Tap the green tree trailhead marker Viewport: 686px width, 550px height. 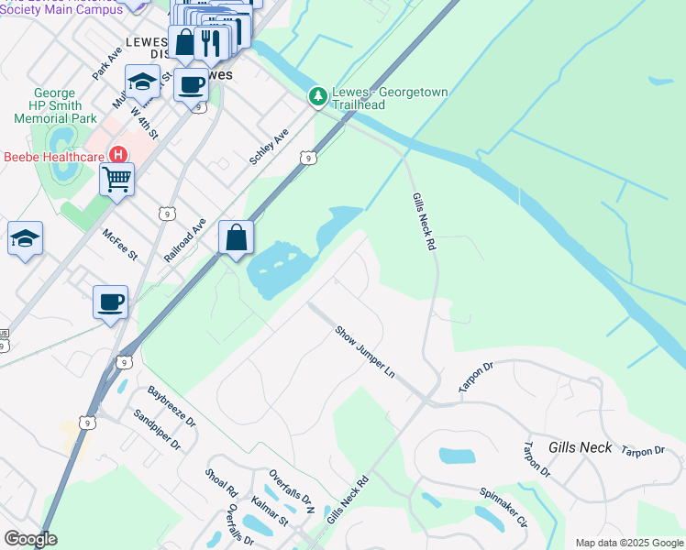(318, 95)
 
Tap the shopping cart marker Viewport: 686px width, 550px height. (117, 180)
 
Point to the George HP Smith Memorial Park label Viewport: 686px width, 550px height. (65, 105)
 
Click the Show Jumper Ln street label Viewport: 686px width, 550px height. (364, 352)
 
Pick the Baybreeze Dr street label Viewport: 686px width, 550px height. (172, 407)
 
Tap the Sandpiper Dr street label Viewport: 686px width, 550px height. (157, 429)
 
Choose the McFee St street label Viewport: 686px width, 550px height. (119, 244)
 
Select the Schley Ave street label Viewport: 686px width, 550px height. (269, 147)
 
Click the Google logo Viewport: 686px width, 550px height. (30, 539)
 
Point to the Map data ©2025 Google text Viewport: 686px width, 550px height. (628, 543)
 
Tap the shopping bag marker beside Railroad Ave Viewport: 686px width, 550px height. (237, 238)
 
